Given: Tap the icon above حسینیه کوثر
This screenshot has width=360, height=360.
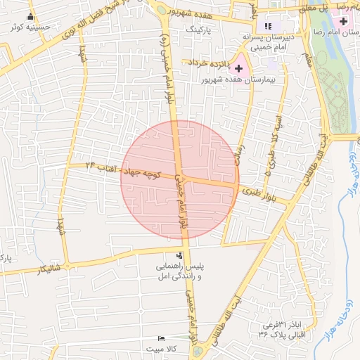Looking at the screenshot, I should (30, 17).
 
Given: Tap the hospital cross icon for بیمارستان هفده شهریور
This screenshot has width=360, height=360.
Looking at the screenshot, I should (238, 68).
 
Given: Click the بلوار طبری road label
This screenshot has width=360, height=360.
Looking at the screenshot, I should (258, 189).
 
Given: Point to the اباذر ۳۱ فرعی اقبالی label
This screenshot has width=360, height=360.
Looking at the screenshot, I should (283, 328).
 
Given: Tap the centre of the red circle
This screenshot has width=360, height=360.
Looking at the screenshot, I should (180, 180).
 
